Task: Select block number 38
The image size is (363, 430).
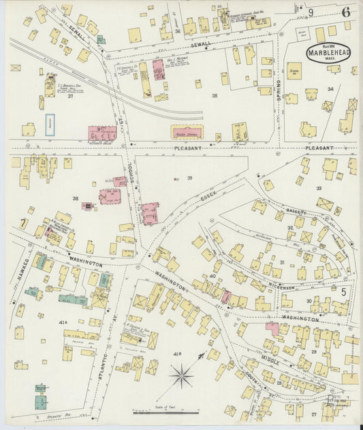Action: point(76,199)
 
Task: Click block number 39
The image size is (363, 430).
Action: point(190,178)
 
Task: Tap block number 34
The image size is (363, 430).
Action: point(330,89)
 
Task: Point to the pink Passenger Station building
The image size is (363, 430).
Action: point(190,133)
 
